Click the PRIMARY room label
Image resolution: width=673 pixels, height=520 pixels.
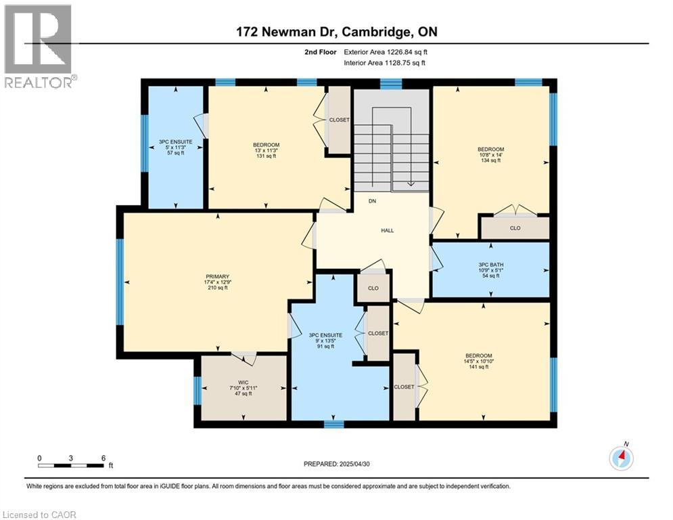click(217, 276)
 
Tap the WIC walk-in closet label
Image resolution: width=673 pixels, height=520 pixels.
click(243, 383)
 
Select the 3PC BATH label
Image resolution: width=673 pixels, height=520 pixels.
click(491, 264)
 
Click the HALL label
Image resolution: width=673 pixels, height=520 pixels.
click(388, 231)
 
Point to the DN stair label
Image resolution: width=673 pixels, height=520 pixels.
click(372, 201)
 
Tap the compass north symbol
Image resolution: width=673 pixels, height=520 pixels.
click(621, 458)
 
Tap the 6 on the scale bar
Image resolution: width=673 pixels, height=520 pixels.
click(103, 458)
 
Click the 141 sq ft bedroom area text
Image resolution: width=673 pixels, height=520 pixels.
click(478, 368)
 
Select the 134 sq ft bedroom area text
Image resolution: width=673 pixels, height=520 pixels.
click(491, 161)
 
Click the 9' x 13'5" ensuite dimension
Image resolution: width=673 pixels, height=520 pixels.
click(326, 341)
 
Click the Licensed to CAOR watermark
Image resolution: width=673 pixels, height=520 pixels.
click(39, 515)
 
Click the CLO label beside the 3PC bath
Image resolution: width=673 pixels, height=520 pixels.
click(515, 228)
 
